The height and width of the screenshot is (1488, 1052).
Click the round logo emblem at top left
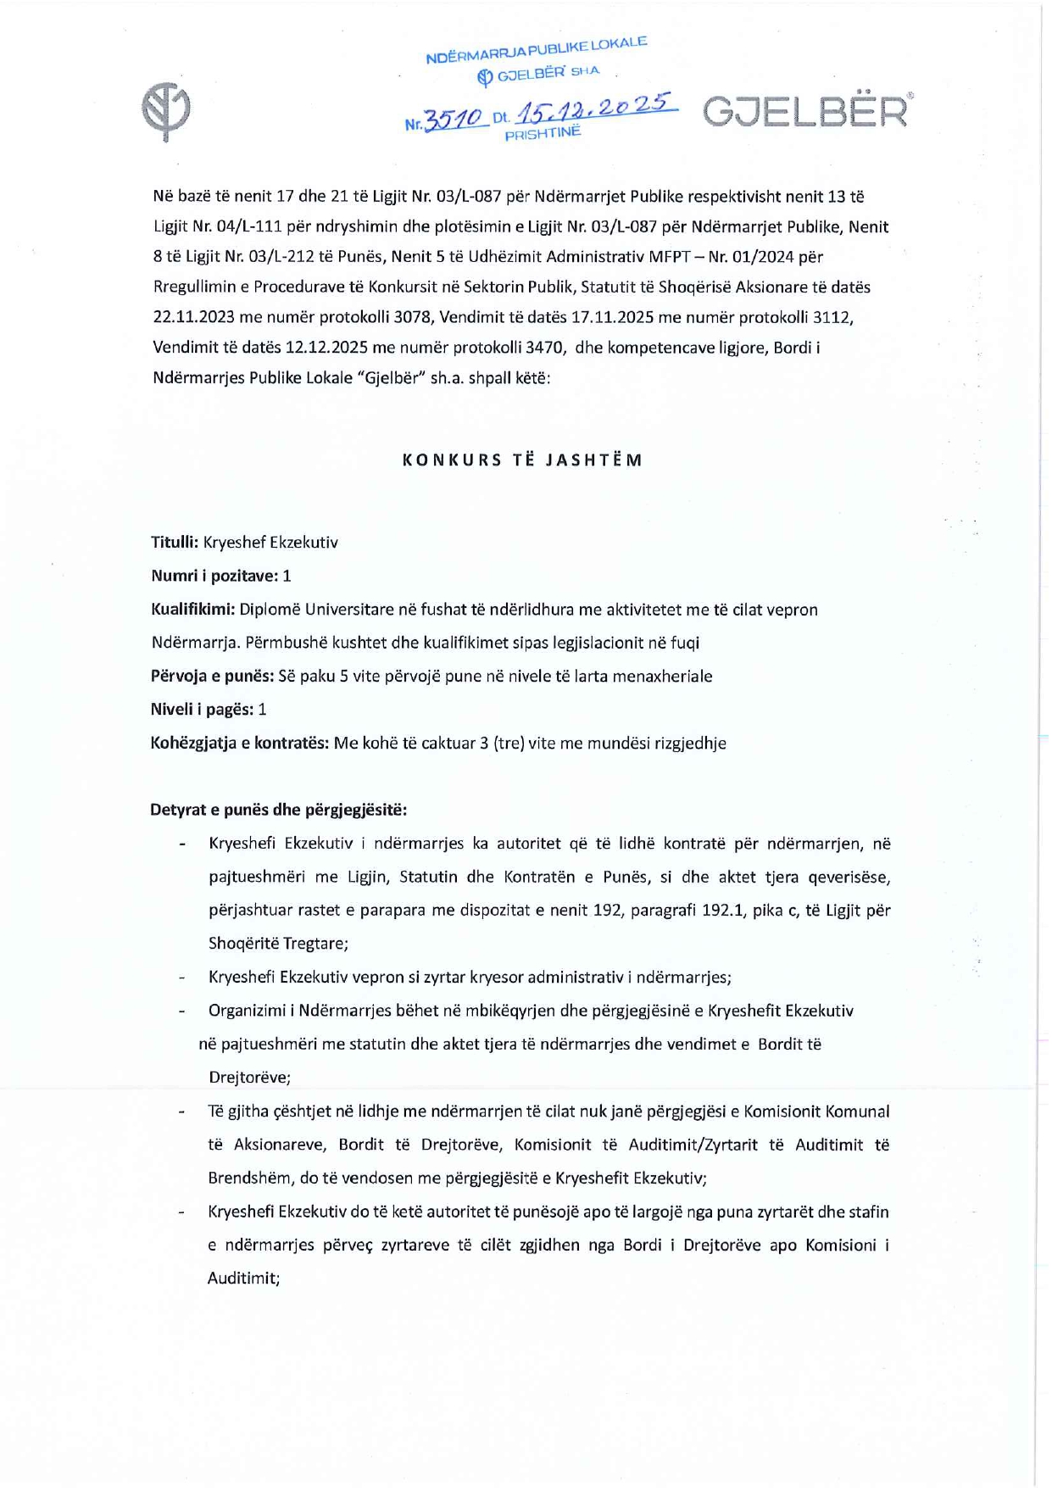click(166, 111)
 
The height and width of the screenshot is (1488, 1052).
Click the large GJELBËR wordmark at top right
click(806, 112)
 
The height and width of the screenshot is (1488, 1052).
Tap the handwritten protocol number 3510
click(454, 120)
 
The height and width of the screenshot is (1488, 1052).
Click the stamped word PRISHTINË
click(543, 133)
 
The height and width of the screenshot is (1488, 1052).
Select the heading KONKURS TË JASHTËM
click(522, 460)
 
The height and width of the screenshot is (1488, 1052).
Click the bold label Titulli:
click(175, 543)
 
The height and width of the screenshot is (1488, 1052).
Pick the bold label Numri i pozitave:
click(214, 576)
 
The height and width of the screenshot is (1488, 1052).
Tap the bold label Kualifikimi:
click(192, 610)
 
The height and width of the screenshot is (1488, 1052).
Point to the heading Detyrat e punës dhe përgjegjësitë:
click(278, 810)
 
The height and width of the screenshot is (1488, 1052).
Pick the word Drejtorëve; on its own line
click(249, 1078)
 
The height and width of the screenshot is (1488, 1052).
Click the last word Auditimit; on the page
click(243, 1278)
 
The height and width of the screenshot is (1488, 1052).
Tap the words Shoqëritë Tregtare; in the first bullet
click(278, 944)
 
